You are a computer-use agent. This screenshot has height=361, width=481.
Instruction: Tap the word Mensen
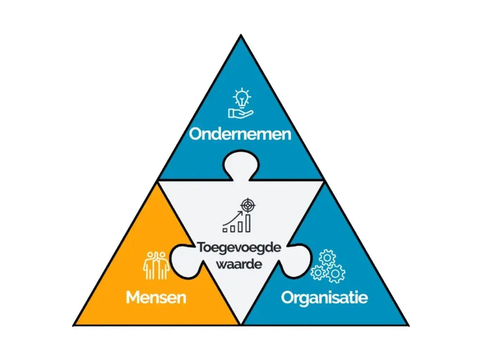155,297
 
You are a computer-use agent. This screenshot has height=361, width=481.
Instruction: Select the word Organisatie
324,298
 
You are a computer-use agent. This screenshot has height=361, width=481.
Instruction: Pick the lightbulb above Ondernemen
242,98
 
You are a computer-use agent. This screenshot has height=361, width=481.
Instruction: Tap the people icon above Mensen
155,266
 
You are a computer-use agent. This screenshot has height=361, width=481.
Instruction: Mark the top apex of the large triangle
240,36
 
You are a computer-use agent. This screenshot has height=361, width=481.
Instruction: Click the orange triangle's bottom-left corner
75,324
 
